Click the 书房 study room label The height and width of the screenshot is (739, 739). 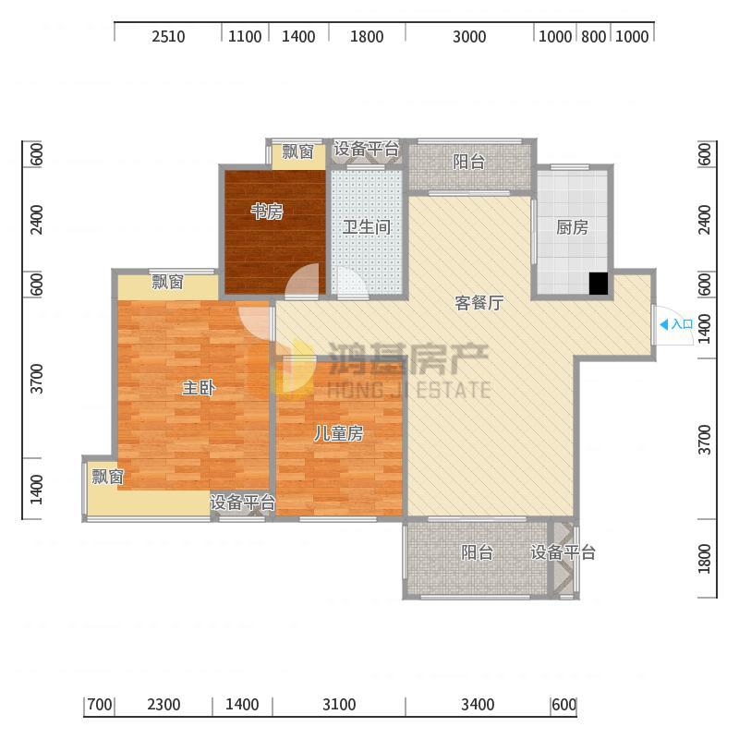(267, 212)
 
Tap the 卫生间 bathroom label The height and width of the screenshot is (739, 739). (367, 226)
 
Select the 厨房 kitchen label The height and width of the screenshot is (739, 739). (572, 227)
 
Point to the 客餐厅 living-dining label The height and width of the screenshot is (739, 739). (479, 303)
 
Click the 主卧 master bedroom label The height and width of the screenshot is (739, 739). (199, 388)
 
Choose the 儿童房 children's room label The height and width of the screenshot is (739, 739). (338, 433)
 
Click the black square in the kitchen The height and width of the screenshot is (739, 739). (599, 284)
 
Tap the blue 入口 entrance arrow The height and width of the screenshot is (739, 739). (664, 324)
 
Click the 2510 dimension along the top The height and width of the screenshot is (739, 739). (168, 36)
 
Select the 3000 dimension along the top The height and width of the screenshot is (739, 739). (469, 36)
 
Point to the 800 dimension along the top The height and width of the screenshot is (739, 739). (593, 36)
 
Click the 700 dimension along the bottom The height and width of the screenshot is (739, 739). (100, 705)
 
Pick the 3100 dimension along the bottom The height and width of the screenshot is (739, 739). (339, 705)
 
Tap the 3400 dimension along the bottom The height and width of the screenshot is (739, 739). (478, 705)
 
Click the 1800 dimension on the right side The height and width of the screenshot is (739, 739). (704, 559)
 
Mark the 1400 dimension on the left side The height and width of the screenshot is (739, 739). (36, 490)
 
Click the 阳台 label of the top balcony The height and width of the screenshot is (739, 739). (469, 162)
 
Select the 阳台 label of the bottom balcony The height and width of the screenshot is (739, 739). (477, 551)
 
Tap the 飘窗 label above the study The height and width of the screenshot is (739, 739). (297, 151)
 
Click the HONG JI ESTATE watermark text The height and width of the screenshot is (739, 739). (409, 390)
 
